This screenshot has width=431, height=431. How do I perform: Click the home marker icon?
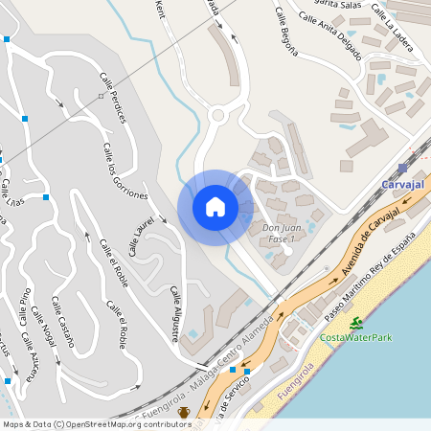pyautogui.click(x=215, y=207)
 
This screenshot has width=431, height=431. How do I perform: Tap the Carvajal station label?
pyautogui.click(x=402, y=183)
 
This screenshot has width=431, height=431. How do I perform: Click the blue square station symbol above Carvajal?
pyautogui.click(x=401, y=167)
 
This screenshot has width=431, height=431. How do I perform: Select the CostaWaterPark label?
pyautogui.click(x=356, y=337)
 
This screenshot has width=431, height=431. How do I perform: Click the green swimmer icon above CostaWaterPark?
pyautogui.click(x=356, y=323)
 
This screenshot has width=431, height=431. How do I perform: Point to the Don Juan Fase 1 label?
pyautogui.click(x=277, y=233)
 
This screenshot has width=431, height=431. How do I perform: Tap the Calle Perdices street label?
pyautogui.click(x=112, y=97)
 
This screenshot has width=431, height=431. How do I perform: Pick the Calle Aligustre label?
pyautogui.click(x=175, y=313)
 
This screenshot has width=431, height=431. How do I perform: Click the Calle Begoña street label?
pyautogui.click(x=288, y=32)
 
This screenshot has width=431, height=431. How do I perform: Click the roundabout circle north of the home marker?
pyautogui.click(x=217, y=116)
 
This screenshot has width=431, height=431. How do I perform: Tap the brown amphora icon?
pyautogui.click(x=183, y=413)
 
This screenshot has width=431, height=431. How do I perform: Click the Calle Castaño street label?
pyautogui.click(x=59, y=323)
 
